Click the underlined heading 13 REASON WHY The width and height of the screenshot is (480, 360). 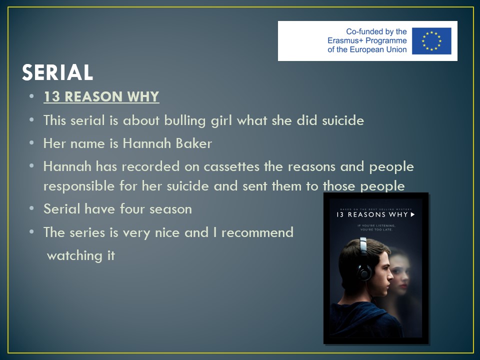(101, 96)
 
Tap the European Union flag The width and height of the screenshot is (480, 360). (431, 41)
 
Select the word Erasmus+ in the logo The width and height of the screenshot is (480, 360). (345, 40)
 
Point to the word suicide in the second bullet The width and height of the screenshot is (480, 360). (343, 120)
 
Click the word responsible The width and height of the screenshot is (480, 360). (79, 186)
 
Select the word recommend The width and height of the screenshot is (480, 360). (257, 232)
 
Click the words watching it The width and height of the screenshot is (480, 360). (81, 255)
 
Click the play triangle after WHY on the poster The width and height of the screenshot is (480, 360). (412, 214)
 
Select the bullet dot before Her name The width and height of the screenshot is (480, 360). (31, 142)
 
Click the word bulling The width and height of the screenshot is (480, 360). (185, 120)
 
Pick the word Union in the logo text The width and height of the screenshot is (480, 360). (396, 49)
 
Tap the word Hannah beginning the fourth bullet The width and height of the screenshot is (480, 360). (67, 166)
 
